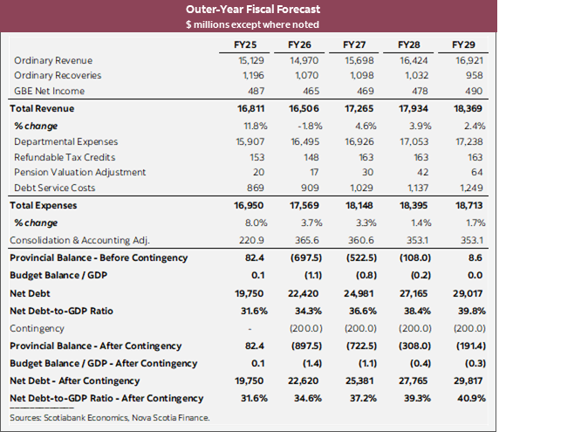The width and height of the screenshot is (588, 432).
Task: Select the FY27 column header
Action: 354,44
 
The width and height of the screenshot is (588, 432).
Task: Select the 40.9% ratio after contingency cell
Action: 463,398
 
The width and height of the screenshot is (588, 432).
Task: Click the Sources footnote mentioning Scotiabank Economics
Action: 109,418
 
